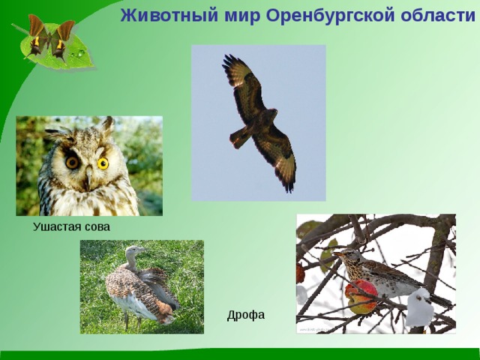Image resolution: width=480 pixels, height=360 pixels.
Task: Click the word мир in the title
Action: (226, 16)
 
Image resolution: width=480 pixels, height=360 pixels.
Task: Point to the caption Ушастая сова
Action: (71, 226)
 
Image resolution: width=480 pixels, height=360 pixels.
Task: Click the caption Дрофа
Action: (246, 315)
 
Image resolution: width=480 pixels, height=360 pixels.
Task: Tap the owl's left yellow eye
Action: (73, 161)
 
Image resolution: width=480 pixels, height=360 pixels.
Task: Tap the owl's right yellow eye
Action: (103, 162)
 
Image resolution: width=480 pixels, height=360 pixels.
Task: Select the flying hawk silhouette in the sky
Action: (259, 120)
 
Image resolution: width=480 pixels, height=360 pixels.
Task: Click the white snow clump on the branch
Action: (419, 308)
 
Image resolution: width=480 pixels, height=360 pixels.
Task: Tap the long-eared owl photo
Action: (88, 166)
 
